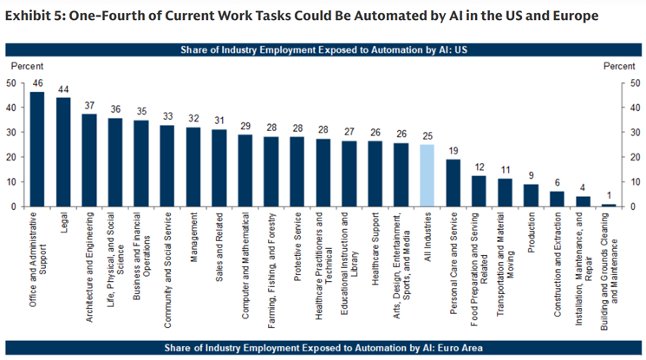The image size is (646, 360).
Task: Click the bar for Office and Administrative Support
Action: click(36, 149)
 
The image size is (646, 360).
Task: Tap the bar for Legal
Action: click(63, 152)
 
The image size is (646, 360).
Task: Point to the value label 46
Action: click(36, 83)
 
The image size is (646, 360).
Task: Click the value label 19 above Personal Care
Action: click(452, 151)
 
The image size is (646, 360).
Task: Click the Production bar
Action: click(530, 195)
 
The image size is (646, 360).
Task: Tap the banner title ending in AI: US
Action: click(323, 49)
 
